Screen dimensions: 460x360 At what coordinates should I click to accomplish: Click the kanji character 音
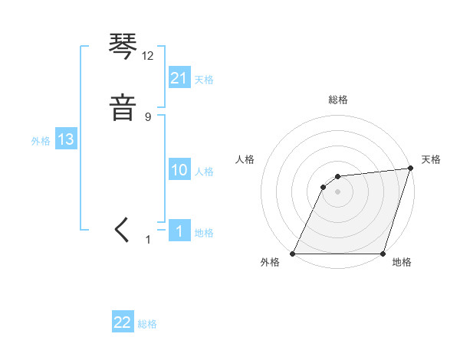(123, 107)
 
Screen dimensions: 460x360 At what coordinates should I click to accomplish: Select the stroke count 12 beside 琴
(148, 56)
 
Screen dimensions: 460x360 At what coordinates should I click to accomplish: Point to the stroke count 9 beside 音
(148, 116)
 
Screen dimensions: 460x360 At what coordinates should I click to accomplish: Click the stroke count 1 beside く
(148, 240)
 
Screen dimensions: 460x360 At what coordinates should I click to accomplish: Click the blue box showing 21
(179, 78)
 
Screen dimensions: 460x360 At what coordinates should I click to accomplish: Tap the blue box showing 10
(179, 170)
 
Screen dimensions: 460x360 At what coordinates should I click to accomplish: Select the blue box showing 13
(66, 139)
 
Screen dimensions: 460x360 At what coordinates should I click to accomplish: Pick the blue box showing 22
(123, 322)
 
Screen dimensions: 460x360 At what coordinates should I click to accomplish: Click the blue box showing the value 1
(179, 231)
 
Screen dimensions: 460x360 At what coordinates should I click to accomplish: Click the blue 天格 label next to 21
(204, 80)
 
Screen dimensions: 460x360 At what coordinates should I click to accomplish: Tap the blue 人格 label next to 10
(204, 172)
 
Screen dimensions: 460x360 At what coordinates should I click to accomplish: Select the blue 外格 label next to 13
(41, 141)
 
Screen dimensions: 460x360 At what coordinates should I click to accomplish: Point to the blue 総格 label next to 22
(147, 324)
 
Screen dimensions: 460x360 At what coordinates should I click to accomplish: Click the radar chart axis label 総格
(338, 100)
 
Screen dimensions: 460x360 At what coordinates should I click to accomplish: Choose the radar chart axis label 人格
(245, 159)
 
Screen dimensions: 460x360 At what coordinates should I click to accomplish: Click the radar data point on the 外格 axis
(293, 254)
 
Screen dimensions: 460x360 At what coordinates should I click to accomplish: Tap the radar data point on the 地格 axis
(383, 254)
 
